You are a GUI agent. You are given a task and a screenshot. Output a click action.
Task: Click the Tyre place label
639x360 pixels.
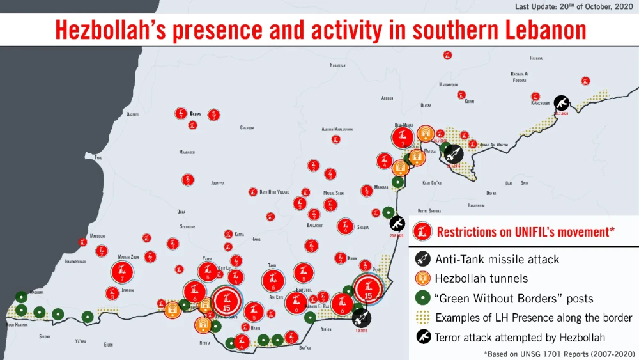pos(98,157)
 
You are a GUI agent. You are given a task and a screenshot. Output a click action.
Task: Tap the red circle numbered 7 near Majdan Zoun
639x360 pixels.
pos(121,272)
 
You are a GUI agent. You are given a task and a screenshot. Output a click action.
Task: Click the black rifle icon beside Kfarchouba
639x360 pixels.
pos(560,102)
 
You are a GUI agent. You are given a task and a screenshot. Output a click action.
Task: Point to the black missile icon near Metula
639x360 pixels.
pos(453,153)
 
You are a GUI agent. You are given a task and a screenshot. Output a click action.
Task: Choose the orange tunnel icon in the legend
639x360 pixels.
pos(422,279)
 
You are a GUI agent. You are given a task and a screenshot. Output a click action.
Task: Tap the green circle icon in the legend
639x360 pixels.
pos(422,298)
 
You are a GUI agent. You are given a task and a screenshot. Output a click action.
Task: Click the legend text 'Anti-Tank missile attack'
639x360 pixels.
pos(497,260)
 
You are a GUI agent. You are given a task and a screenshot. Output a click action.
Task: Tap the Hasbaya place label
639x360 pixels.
pos(536,58)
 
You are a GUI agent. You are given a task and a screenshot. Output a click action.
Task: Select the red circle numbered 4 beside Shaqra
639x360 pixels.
pos(345,226)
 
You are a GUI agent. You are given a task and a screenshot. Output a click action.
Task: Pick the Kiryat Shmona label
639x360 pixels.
pos(429,210)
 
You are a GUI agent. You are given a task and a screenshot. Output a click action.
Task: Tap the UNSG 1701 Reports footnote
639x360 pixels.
pos(560,352)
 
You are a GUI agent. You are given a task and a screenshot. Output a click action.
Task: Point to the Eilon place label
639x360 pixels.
pos(108,345)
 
